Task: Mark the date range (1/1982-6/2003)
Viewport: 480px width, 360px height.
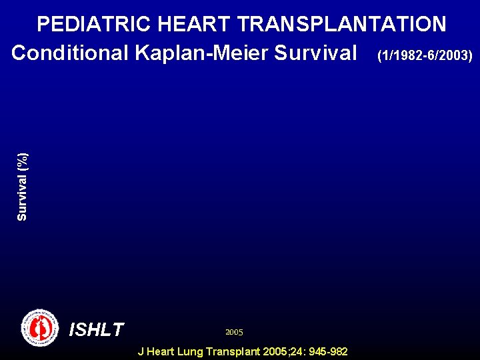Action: (x=425, y=55)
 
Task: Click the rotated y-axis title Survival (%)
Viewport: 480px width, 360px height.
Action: (x=22, y=187)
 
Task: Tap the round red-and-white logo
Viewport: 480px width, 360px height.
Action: (x=40, y=327)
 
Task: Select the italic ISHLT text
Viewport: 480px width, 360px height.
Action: (x=97, y=329)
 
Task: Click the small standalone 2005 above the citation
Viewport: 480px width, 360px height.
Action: (x=234, y=332)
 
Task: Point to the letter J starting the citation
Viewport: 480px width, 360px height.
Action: (x=140, y=351)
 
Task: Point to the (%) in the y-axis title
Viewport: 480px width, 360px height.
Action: (x=22, y=160)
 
